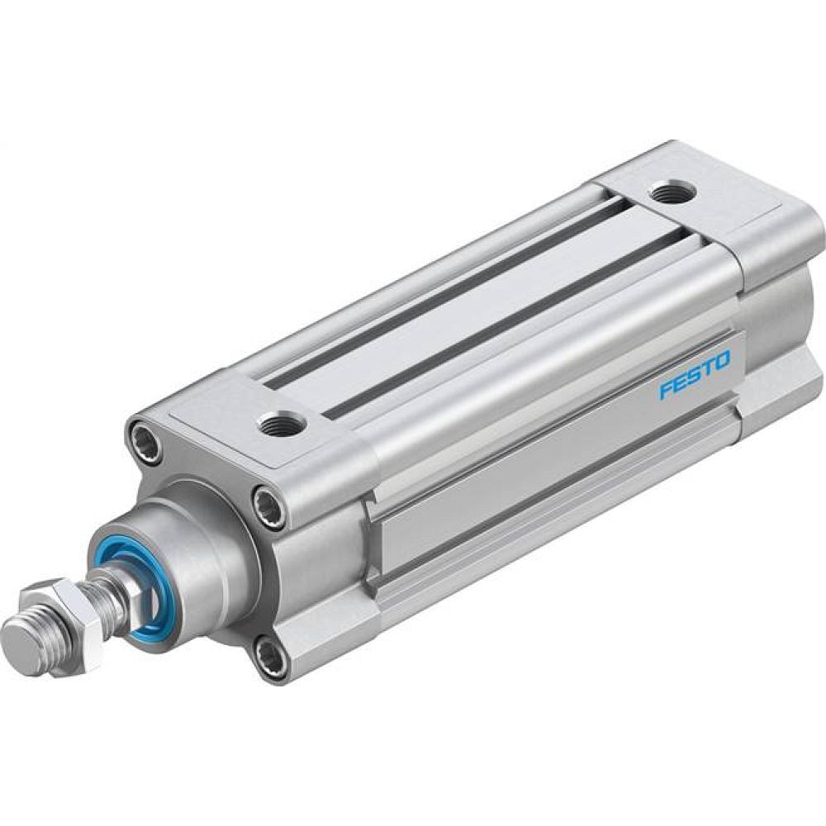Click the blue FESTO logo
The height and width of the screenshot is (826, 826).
694,376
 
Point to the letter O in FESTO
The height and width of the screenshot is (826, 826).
723,361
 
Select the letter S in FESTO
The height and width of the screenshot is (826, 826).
695,376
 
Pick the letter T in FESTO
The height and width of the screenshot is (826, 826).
709,368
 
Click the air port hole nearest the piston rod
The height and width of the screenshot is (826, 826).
281,424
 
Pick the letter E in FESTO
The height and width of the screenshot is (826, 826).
680,382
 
